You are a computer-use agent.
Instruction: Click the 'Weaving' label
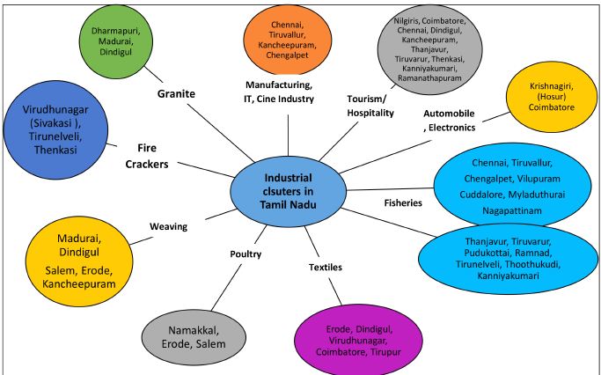(x=168, y=226)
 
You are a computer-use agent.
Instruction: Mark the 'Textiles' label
(x=326, y=266)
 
